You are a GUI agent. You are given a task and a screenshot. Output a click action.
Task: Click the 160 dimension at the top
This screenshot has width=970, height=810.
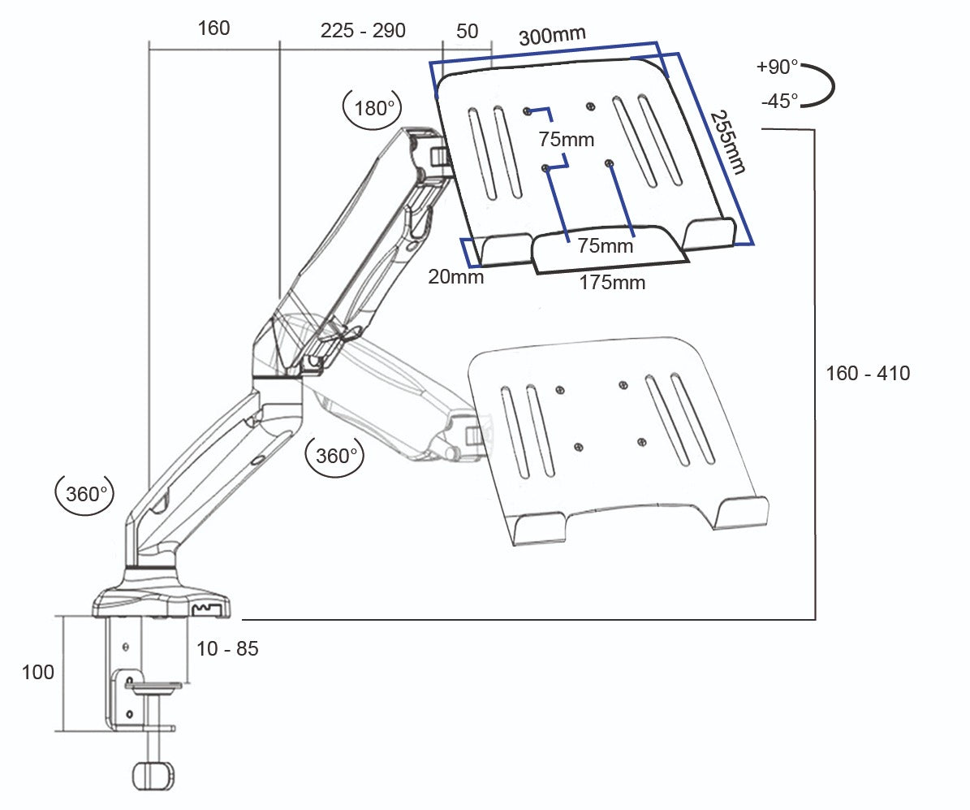213,28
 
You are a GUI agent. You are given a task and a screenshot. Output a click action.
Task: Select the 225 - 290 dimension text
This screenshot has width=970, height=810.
363,31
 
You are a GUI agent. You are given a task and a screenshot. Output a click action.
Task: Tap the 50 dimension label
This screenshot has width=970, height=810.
468,32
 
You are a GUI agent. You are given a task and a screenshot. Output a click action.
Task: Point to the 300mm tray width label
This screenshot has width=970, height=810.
552,37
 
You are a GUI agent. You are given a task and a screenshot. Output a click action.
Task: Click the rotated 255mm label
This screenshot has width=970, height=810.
727,142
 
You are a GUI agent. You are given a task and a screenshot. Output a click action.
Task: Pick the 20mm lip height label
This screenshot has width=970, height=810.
456,277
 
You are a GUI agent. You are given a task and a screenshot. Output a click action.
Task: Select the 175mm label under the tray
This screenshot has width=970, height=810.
612,283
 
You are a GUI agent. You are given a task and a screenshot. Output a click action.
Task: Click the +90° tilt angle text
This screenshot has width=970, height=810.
777,67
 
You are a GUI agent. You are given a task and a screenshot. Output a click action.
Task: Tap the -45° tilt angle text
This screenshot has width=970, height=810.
779,102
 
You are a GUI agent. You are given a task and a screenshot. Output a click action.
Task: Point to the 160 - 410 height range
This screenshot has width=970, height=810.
868,374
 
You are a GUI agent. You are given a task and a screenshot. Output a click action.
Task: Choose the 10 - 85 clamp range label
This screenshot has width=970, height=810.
227,649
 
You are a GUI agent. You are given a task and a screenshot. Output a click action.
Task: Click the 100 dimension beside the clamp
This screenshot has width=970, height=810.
38,673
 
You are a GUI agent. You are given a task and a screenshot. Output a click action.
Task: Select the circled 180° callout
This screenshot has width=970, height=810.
374,108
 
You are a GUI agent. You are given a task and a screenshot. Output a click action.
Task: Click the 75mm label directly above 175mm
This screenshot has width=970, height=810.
605,246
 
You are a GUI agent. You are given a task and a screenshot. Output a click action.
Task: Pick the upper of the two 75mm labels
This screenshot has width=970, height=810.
567,140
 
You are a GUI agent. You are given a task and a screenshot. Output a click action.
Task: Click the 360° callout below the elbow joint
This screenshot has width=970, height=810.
334,456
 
